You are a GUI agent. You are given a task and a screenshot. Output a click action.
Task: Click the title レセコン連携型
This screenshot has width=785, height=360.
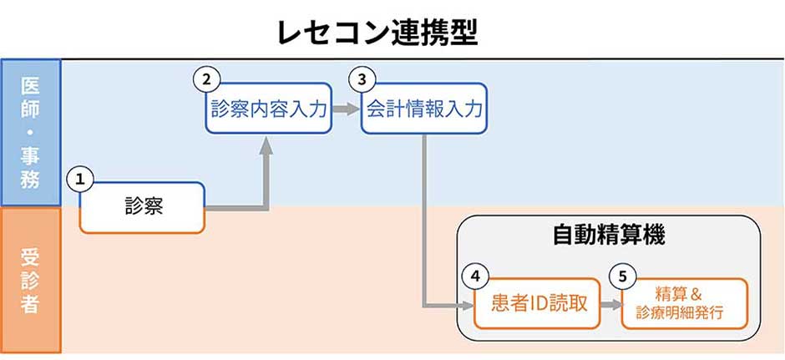377,33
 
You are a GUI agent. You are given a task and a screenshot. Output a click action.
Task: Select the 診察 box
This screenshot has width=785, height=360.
143,208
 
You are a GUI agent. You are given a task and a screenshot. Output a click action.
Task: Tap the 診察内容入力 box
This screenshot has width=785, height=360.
269,109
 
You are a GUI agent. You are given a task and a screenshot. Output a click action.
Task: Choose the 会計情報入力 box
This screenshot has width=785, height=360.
424,109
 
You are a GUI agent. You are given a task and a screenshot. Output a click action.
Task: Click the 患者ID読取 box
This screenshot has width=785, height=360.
537,303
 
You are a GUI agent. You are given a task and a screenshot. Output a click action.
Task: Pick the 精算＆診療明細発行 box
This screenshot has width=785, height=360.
685,303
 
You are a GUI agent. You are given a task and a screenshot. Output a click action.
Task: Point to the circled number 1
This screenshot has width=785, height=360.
80,180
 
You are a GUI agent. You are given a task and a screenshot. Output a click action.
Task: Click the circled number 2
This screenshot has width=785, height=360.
206,80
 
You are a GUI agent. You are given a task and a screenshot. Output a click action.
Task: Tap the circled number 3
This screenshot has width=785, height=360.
362,80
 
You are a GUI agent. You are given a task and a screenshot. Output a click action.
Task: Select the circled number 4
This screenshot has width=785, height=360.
474,276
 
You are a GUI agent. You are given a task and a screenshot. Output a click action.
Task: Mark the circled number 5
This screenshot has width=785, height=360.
622,276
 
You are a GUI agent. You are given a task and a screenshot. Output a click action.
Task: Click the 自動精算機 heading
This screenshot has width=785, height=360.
609,236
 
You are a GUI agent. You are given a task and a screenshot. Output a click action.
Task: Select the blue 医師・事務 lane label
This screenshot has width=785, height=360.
31,133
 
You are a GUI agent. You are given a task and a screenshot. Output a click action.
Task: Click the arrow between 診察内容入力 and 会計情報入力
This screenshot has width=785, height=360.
347,109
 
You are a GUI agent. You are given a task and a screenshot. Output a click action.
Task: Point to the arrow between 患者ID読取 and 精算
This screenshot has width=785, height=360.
610,304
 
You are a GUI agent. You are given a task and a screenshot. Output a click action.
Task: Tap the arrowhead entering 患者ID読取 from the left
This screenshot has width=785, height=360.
466,304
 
